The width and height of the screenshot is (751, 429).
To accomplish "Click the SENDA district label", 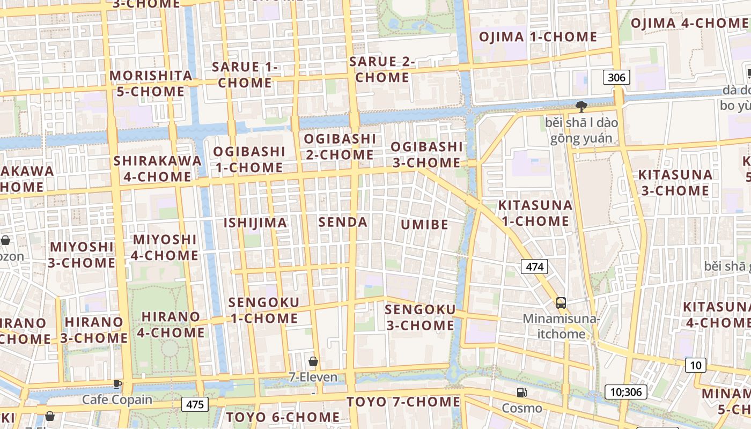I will [x=343, y=222].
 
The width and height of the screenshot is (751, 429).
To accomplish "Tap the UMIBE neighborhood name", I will [x=424, y=224].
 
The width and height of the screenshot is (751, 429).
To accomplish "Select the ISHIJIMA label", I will [x=255, y=223].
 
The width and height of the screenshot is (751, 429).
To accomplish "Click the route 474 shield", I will [x=535, y=267].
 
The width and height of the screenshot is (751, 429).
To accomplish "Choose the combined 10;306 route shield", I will [x=625, y=392].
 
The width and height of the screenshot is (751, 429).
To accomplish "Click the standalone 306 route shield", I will [x=616, y=78].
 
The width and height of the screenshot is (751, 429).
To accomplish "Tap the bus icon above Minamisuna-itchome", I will [x=561, y=303].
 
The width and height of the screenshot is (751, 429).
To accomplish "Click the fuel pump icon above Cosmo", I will [x=521, y=393].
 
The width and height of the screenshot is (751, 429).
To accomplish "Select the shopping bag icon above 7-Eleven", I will [x=313, y=362].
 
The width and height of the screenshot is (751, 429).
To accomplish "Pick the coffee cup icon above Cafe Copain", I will [x=117, y=384].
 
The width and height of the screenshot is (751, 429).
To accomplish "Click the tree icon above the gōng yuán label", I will [x=581, y=106].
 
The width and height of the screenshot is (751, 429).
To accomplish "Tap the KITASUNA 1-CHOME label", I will [x=535, y=213].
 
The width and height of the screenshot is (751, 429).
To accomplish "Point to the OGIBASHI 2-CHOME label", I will [x=339, y=146].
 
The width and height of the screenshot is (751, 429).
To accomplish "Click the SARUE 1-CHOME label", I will [x=245, y=75].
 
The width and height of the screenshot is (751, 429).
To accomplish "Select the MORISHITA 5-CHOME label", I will [x=151, y=83].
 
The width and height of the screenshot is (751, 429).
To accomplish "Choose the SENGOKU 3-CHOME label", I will [x=420, y=317].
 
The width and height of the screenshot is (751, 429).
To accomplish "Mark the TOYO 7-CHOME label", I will [x=403, y=402].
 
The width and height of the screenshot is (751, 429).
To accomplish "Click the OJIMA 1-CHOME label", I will [x=538, y=37].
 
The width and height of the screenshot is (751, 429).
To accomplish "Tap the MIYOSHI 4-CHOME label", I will [x=165, y=247].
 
